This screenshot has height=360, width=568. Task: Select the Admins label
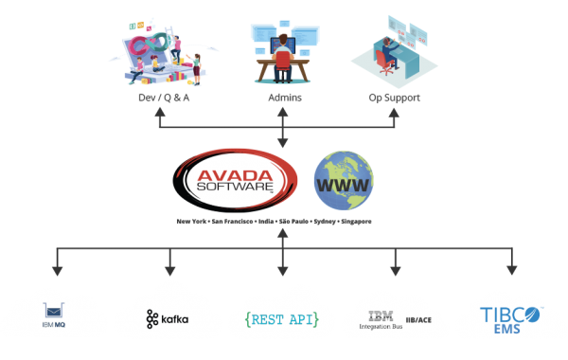tap(282, 97)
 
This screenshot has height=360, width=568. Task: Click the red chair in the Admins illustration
tap(283, 60)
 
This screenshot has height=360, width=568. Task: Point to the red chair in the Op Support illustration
tap(383, 60)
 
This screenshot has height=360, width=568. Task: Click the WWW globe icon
tap(344, 181)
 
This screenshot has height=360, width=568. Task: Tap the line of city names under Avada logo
tap(275, 222)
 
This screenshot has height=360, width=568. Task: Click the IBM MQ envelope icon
tap(53, 311)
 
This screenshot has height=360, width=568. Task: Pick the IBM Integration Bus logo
tap(379, 318)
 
